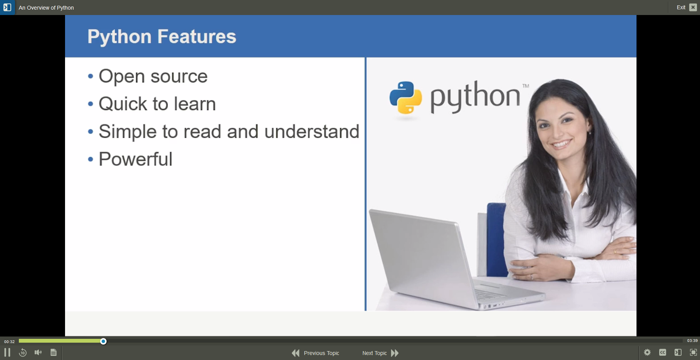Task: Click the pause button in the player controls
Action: coord(7,352)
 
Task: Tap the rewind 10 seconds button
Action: coord(23,352)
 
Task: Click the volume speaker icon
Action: coord(38,352)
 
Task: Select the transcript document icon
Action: coord(53,352)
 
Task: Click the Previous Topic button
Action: coord(316,353)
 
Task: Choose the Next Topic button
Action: coord(380,353)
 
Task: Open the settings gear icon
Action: coord(647,352)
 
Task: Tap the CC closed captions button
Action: coord(662,352)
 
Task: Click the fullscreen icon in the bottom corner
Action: coord(693,352)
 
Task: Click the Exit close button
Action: coord(693,7)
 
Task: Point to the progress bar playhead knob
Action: coord(103,341)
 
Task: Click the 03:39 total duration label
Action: coord(692,341)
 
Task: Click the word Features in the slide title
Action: coord(197,37)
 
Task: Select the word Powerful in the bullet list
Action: coord(135,159)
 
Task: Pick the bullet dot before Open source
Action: coord(90,76)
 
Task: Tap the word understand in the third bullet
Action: coord(312,132)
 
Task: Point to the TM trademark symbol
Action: coord(525,86)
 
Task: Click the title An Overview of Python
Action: coord(46,8)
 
